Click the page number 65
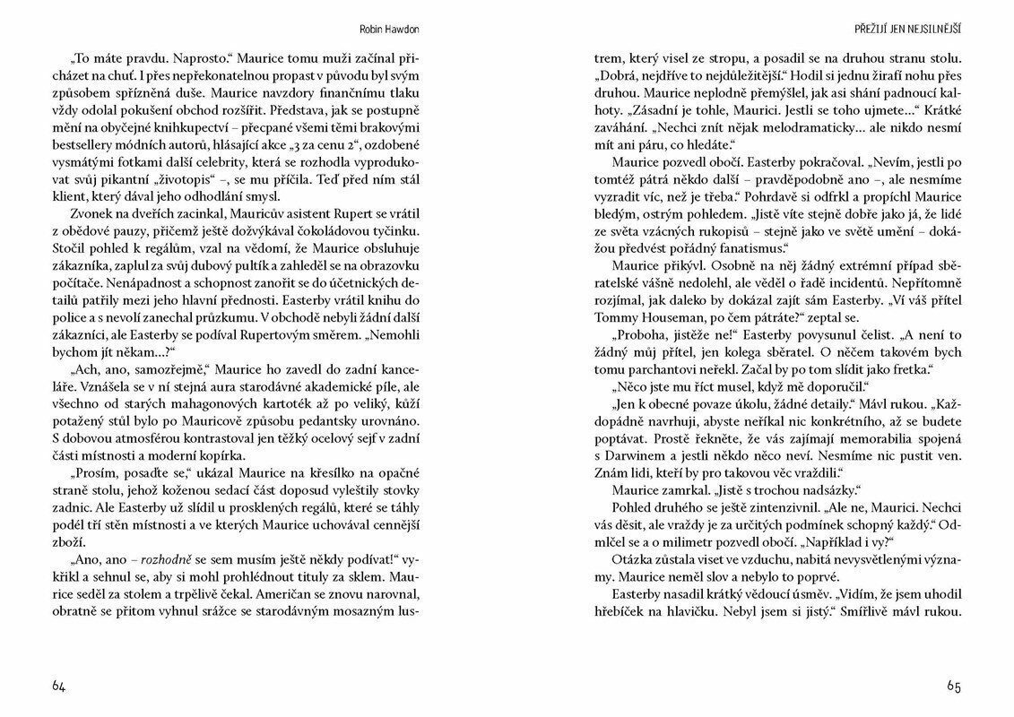click(953, 686)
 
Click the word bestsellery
click(85, 147)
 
